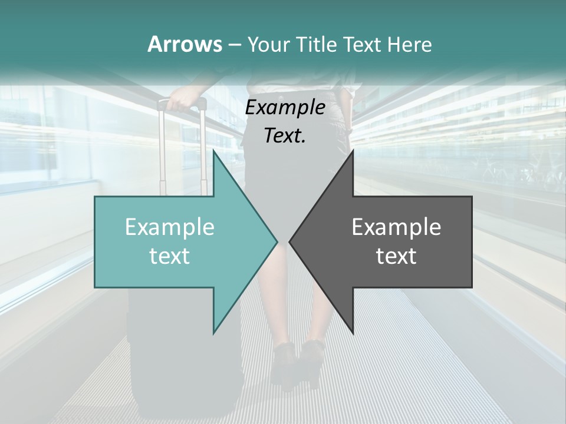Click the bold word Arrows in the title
click(185, 44)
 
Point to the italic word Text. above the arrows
click(285, 135)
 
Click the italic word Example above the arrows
click(285, 108)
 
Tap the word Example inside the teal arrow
click(170, 227)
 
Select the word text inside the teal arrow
click(170, 256)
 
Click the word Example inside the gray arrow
click(396, 227)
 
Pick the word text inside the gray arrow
click(396, 256)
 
